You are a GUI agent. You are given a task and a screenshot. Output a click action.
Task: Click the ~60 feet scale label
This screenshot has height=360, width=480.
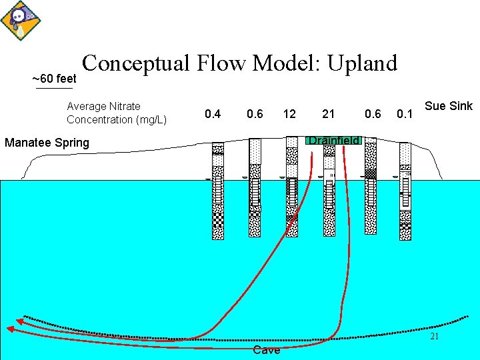point(54,79)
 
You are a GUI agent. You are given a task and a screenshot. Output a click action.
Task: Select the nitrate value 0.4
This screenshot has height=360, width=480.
point(213,114)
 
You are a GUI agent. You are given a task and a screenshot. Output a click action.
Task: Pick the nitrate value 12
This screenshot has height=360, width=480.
point(289,114)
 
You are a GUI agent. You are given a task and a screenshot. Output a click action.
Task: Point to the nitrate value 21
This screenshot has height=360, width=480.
point(329,114)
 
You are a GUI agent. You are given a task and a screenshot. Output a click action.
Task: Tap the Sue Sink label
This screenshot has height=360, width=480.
point(448,106)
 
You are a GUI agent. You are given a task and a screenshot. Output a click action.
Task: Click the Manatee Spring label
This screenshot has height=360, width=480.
point(47,142)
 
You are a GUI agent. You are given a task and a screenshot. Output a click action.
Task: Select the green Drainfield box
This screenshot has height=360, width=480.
point(333,140)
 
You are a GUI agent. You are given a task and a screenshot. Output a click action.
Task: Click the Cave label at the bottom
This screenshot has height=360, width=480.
point(267,351)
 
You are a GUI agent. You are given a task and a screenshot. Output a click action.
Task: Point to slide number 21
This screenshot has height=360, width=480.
point(434,337)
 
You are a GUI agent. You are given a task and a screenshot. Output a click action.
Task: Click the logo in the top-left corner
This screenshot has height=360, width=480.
point(18,19)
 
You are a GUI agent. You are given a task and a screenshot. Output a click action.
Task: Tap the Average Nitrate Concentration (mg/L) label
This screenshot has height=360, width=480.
point(116,113)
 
